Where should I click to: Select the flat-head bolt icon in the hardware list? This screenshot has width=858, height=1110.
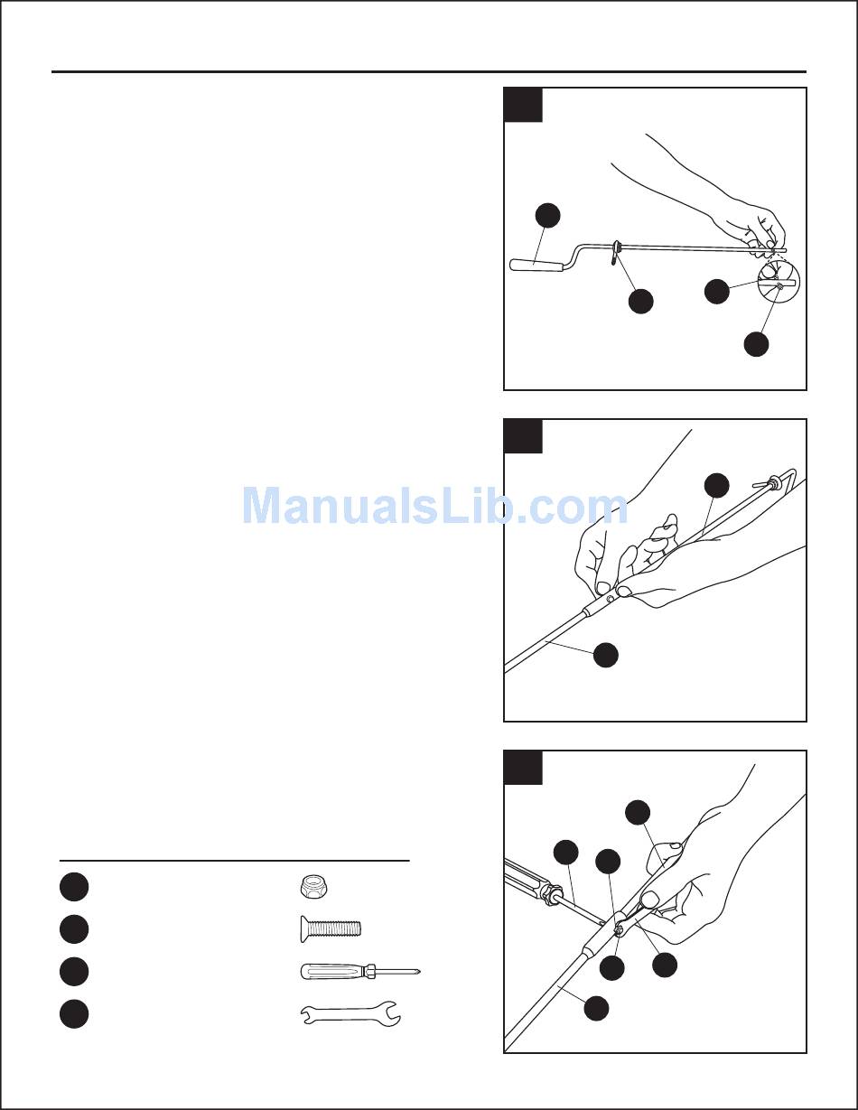point(331,928)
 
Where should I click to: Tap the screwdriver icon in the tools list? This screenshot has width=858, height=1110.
point(360,971)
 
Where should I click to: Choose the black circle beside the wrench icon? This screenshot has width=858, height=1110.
point(74,1014)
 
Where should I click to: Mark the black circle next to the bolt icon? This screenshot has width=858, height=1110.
point(74,928)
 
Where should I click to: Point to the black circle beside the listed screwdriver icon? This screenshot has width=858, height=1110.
point(74,971)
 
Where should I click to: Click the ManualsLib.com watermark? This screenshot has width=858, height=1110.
point(434,506)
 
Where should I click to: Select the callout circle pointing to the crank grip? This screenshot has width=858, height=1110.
point(547,215)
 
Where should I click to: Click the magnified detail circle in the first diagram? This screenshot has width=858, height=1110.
point(779,282)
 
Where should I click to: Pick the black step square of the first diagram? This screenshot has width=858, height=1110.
point(523,106)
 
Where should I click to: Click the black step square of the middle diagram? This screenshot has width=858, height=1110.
point(523,436)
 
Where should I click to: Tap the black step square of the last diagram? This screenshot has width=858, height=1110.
point(523,767)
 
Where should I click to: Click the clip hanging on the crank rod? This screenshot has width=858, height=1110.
point(615,252)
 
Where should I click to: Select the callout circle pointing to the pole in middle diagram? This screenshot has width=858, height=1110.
point(606,655)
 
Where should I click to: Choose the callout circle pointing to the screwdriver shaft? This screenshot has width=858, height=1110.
point(566,852)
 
